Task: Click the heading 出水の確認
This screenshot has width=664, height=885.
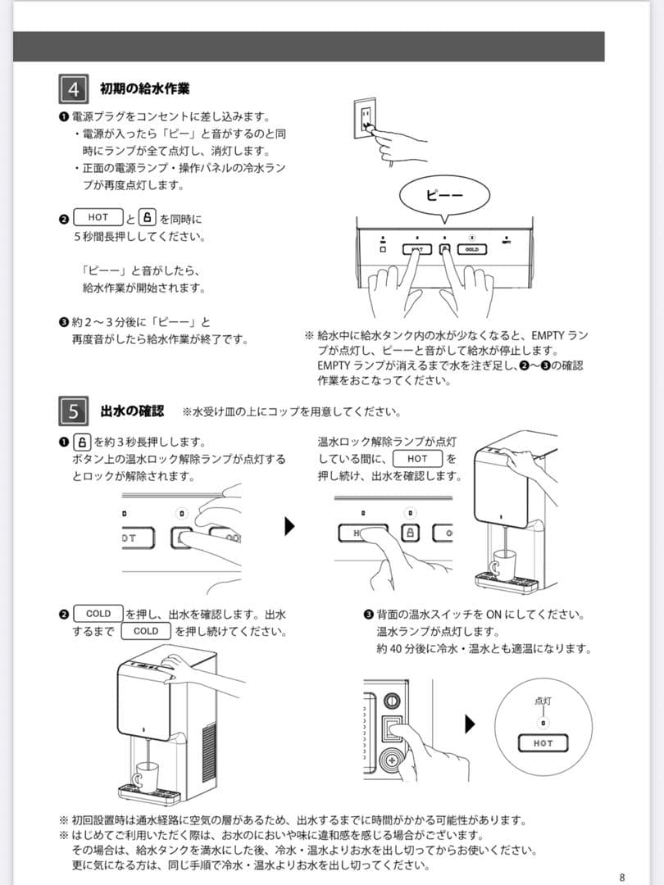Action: pos(132,411)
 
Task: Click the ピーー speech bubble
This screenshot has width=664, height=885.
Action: pos(444,195)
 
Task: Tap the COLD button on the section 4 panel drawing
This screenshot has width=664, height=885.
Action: pos(471,248)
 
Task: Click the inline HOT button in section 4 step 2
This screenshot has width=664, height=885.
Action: pos(98,218)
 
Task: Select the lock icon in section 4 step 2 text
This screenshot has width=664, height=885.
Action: pos(148,218)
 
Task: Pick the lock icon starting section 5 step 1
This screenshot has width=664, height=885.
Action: pos(82,442)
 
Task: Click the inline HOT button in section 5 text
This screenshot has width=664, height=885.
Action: pos(417,459)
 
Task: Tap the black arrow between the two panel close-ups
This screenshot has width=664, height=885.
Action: pos(289,526)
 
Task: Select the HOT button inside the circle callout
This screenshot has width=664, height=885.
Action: pos(543,743)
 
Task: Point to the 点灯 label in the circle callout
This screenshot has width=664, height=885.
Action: pos(543,701)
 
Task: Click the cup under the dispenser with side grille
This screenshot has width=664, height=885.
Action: pos(148,773)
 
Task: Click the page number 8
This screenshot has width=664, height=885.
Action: pos(622,877)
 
